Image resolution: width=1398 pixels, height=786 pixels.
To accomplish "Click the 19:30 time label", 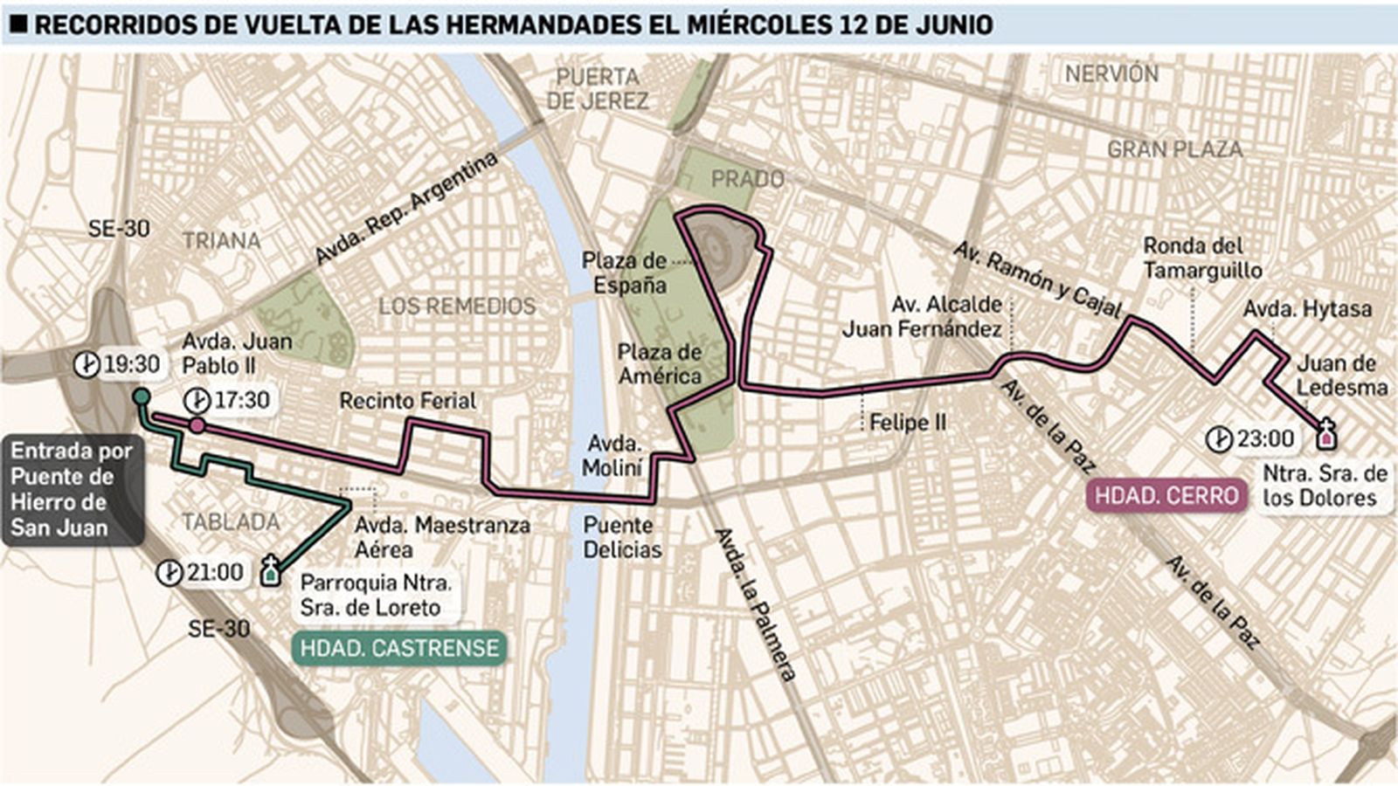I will [131, 364].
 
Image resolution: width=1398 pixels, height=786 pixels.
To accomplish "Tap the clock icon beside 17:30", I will [197, 401].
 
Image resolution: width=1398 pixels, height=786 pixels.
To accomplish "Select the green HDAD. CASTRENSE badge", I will [399, 649].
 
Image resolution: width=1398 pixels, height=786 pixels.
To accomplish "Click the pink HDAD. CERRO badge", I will [1166, 495].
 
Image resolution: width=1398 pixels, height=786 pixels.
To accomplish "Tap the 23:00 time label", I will [1264, 438].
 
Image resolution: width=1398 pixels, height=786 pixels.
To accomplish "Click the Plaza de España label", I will [624, 272].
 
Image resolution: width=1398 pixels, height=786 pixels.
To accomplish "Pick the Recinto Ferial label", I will [407, 401].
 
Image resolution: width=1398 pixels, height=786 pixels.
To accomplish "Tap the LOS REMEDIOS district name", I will [457, 306].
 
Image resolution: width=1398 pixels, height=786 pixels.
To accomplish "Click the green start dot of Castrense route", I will [141, 397].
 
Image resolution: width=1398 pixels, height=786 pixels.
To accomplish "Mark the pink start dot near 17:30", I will [197, 425].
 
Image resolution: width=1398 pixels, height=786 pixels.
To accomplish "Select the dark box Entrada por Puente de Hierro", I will [72, 489].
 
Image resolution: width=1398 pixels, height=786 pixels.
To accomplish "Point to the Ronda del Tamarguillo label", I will [1202, 259].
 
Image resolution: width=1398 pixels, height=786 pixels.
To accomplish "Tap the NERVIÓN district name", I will [1111, 74].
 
